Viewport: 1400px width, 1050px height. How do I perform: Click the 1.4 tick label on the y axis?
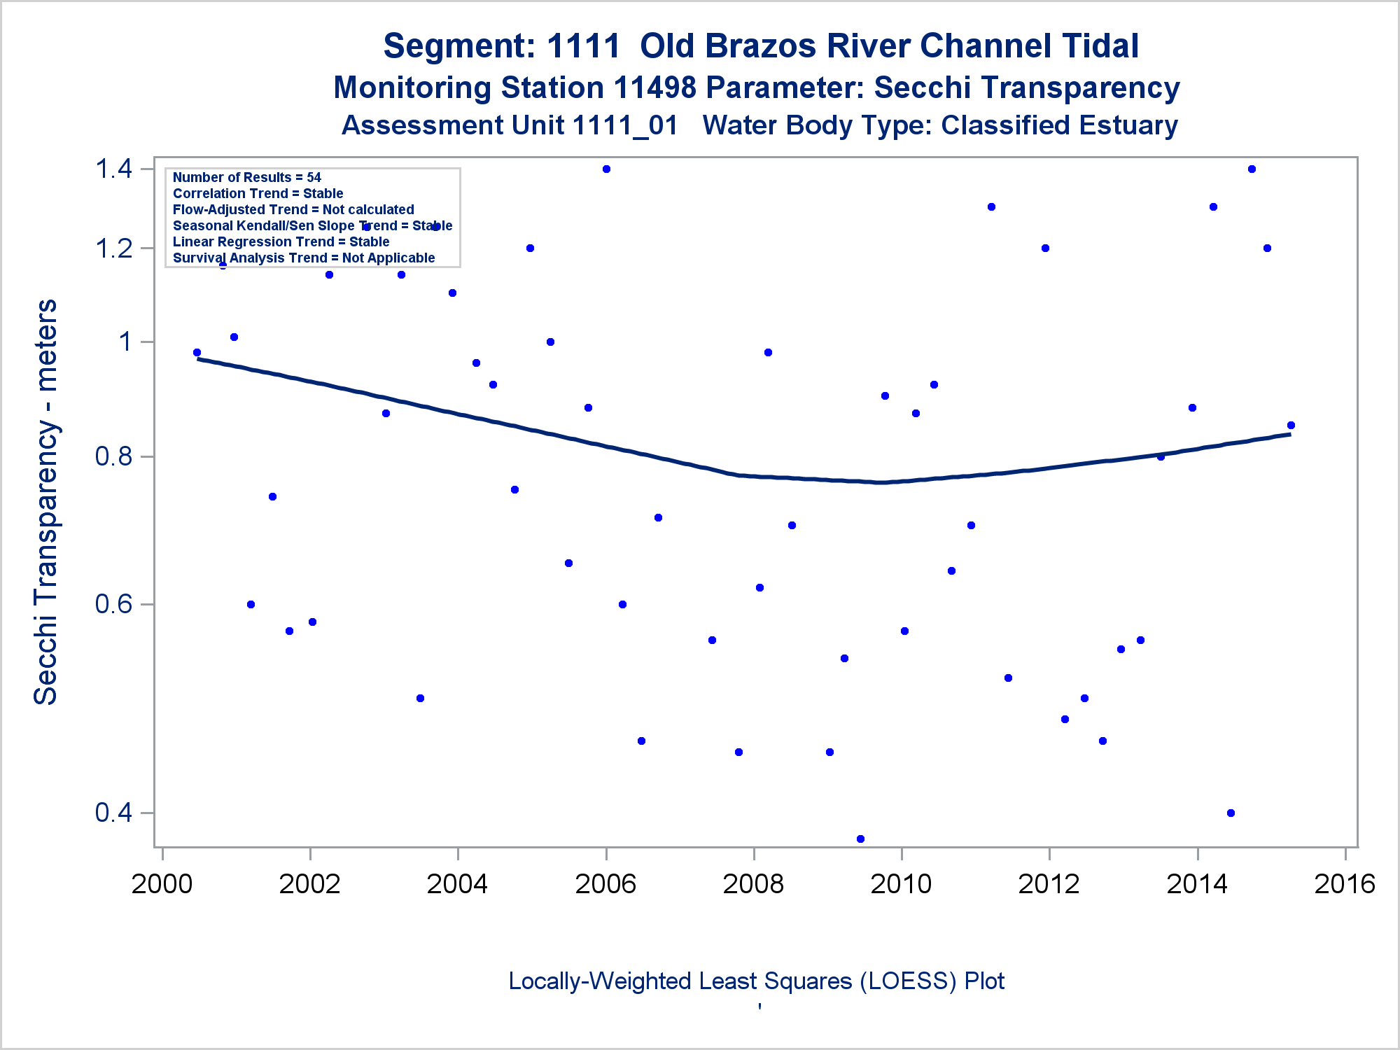pos(113,169)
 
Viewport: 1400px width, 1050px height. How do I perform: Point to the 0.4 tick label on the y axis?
pos(113,813)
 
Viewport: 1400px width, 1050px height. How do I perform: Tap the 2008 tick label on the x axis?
pos(753,884)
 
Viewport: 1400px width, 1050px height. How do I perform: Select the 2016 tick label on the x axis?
pos(1345,884)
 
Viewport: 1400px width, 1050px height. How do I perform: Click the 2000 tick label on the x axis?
pos(162,884)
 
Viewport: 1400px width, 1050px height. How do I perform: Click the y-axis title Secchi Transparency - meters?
pos(46,502)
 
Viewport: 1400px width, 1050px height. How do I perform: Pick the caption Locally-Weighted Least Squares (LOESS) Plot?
pos(756,981)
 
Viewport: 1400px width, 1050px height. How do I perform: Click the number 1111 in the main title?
pos(583,46)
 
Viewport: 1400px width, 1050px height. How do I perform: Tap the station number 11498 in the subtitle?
pos(654,88)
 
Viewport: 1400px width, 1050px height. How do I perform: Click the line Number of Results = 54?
pos(246,177)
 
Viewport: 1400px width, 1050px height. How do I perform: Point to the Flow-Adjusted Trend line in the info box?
pos(293,209)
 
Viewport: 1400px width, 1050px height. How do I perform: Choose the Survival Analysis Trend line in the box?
pos(304,258)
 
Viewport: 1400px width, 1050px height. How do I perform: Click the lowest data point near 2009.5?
pos(860,839)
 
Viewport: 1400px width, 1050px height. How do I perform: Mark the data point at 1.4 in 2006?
pos(606,169)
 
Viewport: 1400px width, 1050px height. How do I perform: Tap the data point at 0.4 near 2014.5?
pos(1231,813)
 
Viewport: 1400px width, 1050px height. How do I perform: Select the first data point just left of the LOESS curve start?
pos(197,353)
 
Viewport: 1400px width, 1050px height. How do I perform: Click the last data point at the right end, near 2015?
pos(1291,425)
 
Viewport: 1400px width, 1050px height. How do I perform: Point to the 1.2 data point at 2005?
pos(530,248)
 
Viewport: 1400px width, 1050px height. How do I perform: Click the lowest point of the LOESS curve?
pos(881,482)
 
